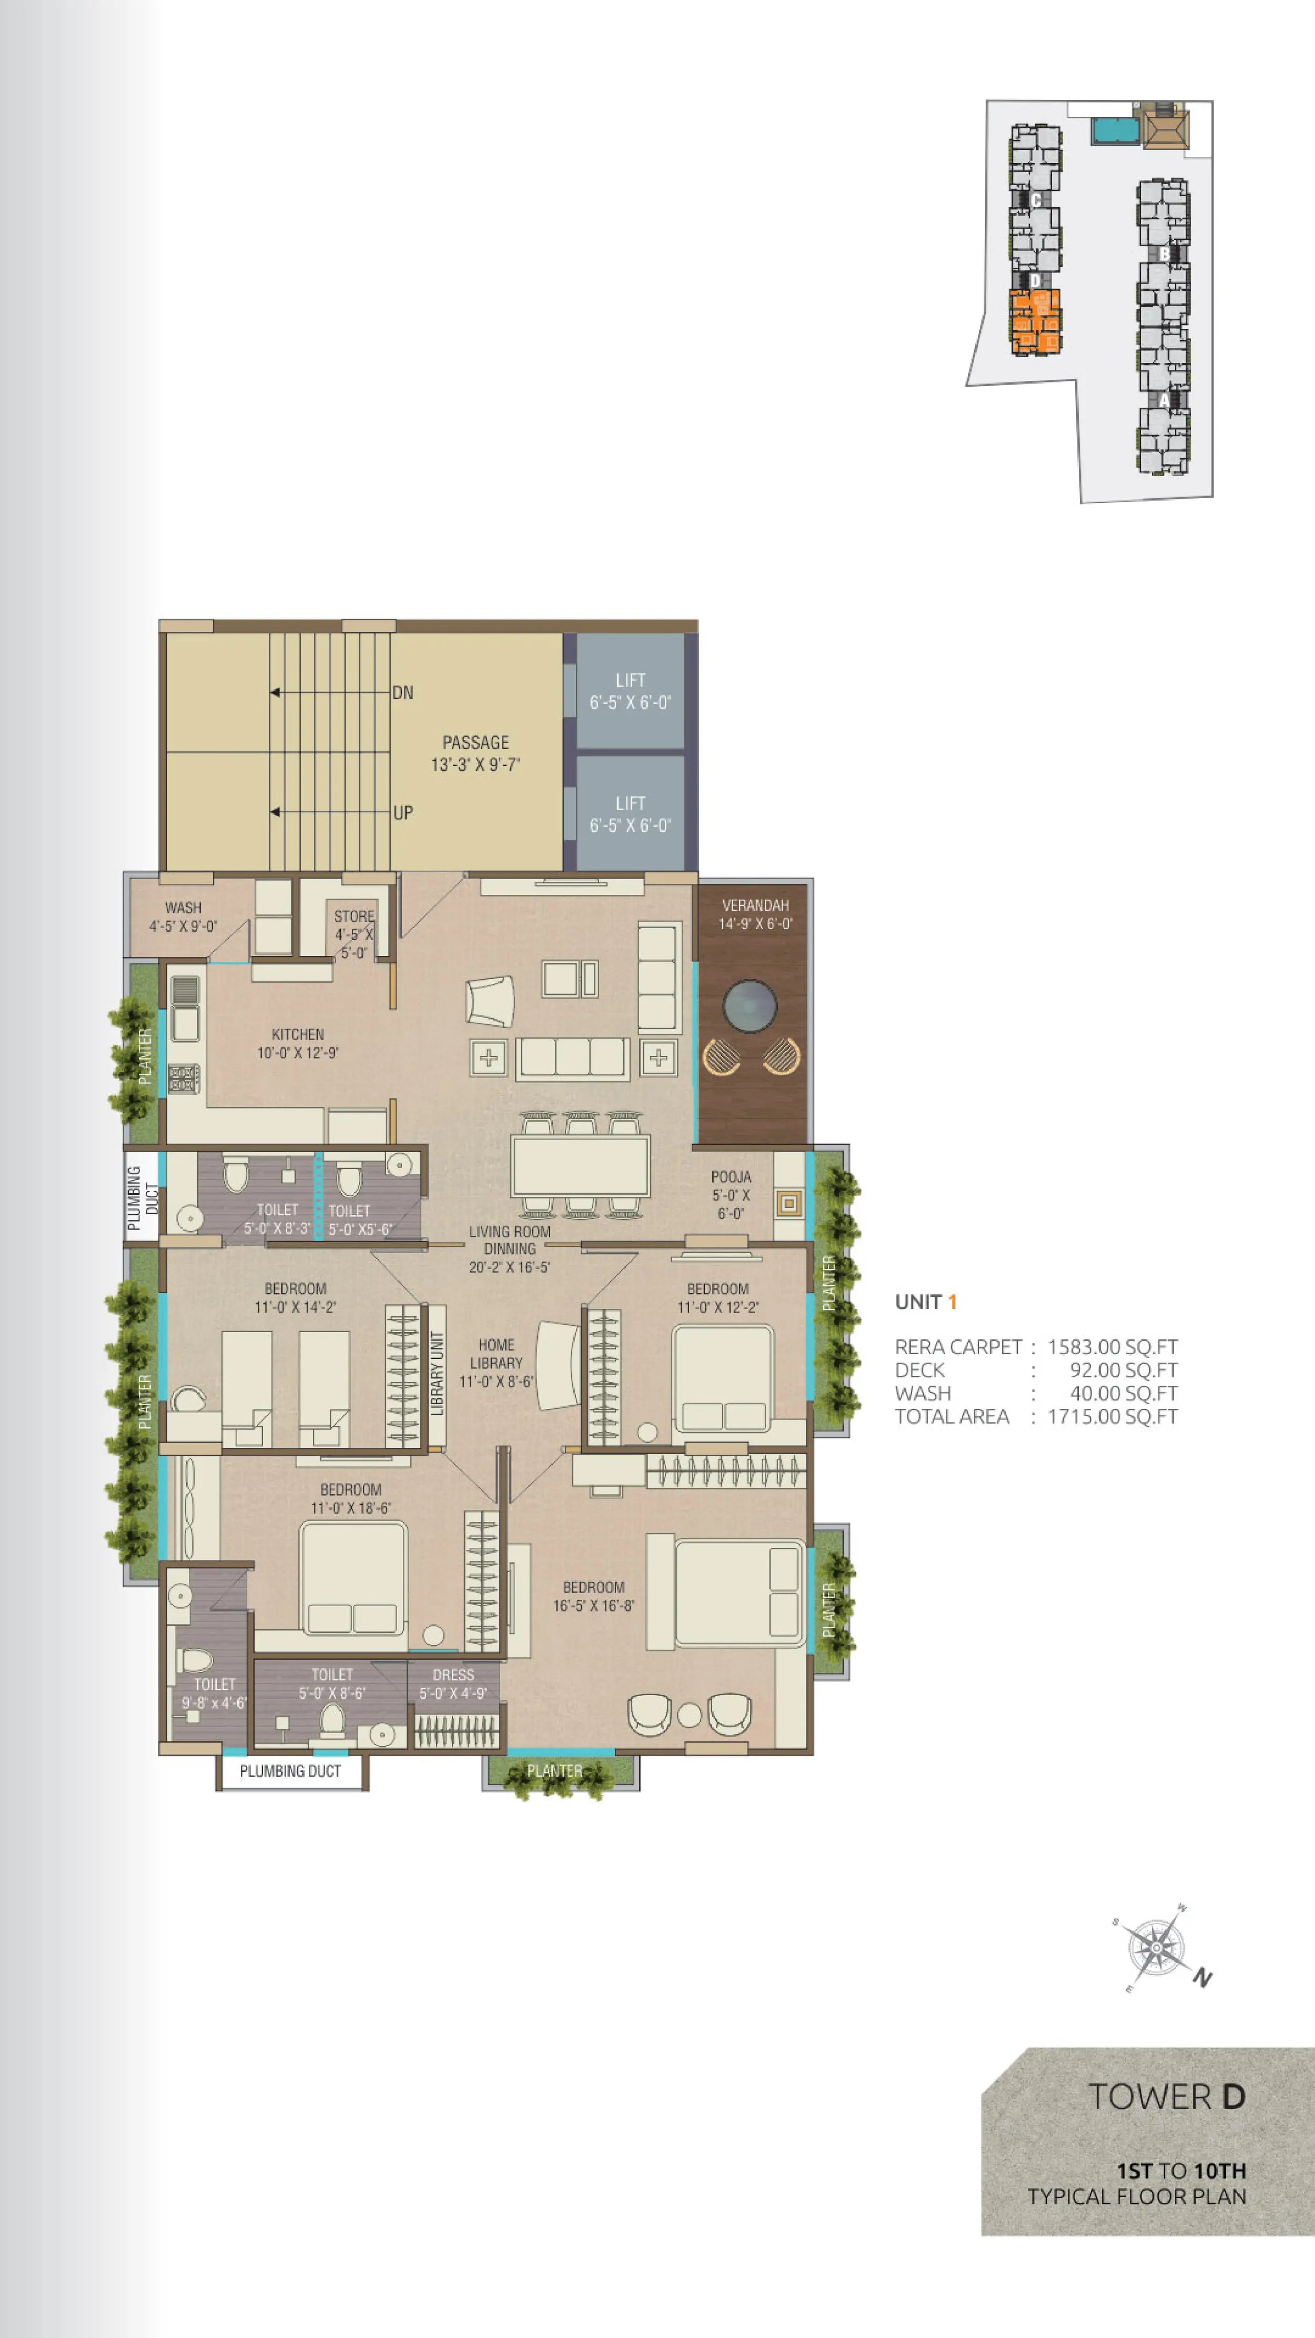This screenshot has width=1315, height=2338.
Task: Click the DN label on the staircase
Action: point(403,692)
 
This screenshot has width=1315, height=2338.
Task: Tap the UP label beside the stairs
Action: point(403,812)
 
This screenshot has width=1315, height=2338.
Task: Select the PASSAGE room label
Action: point(476,742)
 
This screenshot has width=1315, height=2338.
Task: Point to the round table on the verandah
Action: point(750,1005)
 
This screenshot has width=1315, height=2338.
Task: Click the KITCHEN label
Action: point(298,1034)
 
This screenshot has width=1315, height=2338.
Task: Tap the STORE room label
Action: point(354,916)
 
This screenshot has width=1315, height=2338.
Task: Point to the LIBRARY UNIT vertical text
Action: point(437,1373)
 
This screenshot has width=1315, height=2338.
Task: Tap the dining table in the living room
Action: point(580,1165)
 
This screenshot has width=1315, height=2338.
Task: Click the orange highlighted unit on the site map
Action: point(1036,321)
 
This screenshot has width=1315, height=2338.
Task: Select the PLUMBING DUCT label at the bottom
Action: point(290,1771)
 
